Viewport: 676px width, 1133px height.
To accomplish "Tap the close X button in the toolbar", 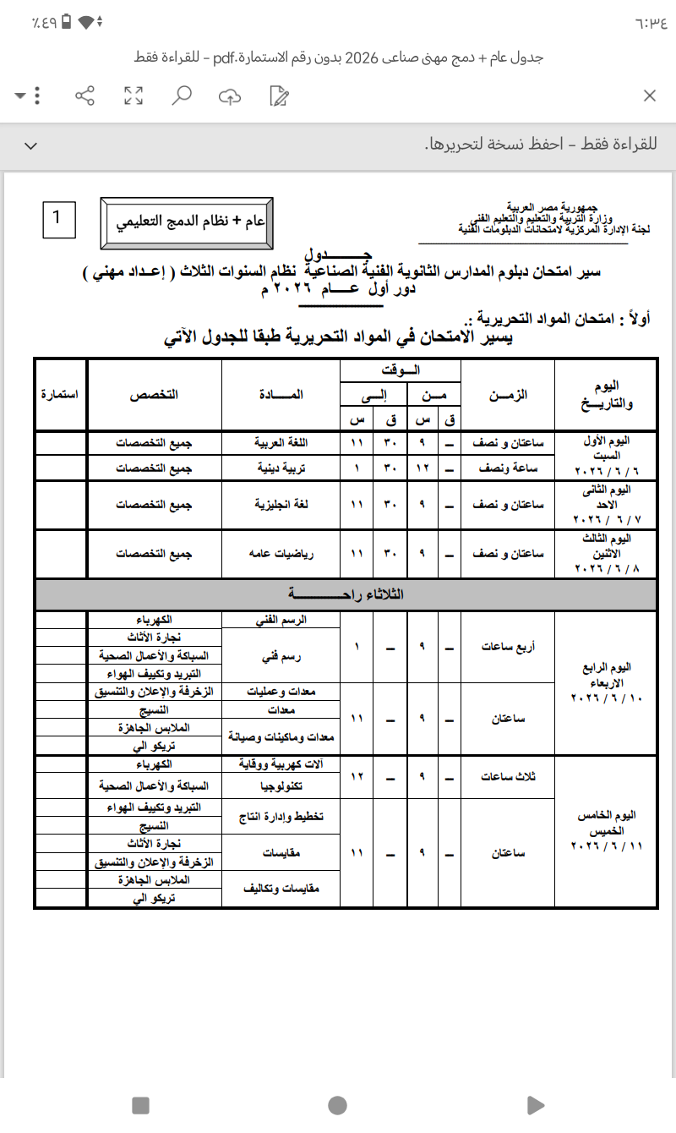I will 649,96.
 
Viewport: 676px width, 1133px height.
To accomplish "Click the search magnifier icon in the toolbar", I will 181,96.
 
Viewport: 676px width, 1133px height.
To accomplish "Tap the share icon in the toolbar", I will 84,96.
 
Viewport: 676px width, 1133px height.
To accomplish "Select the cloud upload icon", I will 229,96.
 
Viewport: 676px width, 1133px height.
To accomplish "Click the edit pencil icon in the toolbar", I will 278,96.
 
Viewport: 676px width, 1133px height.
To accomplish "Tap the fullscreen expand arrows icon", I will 133,96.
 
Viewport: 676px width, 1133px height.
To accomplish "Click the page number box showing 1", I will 57,218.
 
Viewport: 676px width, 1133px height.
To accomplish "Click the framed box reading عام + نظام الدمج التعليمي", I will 186,222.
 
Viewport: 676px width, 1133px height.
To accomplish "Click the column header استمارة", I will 59,394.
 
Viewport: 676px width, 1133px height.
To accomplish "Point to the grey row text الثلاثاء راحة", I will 346,594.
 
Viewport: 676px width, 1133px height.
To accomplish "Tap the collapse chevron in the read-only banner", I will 31,145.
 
